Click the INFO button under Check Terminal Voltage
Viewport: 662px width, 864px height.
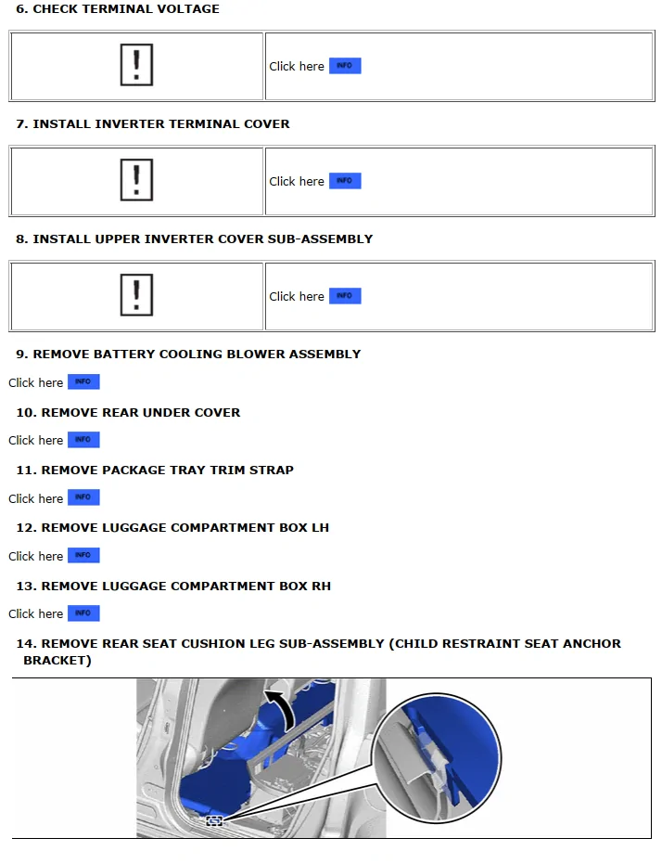345,66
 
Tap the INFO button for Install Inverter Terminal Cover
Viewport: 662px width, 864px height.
345,181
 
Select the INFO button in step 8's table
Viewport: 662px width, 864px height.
345,296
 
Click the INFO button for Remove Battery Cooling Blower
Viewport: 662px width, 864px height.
83,382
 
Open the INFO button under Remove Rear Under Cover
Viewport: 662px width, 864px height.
83,440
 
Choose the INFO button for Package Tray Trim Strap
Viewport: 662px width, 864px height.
83,498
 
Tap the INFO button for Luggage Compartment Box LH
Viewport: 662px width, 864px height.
83,556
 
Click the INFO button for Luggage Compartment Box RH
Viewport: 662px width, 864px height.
83,613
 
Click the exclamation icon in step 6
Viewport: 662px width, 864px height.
136,66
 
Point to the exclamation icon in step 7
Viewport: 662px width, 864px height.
136,181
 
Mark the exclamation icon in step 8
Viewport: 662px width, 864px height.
136,296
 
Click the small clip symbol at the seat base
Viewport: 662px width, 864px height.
214,820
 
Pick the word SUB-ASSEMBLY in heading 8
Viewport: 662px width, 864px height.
320,239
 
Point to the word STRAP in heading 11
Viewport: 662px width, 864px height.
272,471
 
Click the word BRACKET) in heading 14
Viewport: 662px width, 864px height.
57,661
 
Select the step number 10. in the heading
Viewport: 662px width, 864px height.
26,412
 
